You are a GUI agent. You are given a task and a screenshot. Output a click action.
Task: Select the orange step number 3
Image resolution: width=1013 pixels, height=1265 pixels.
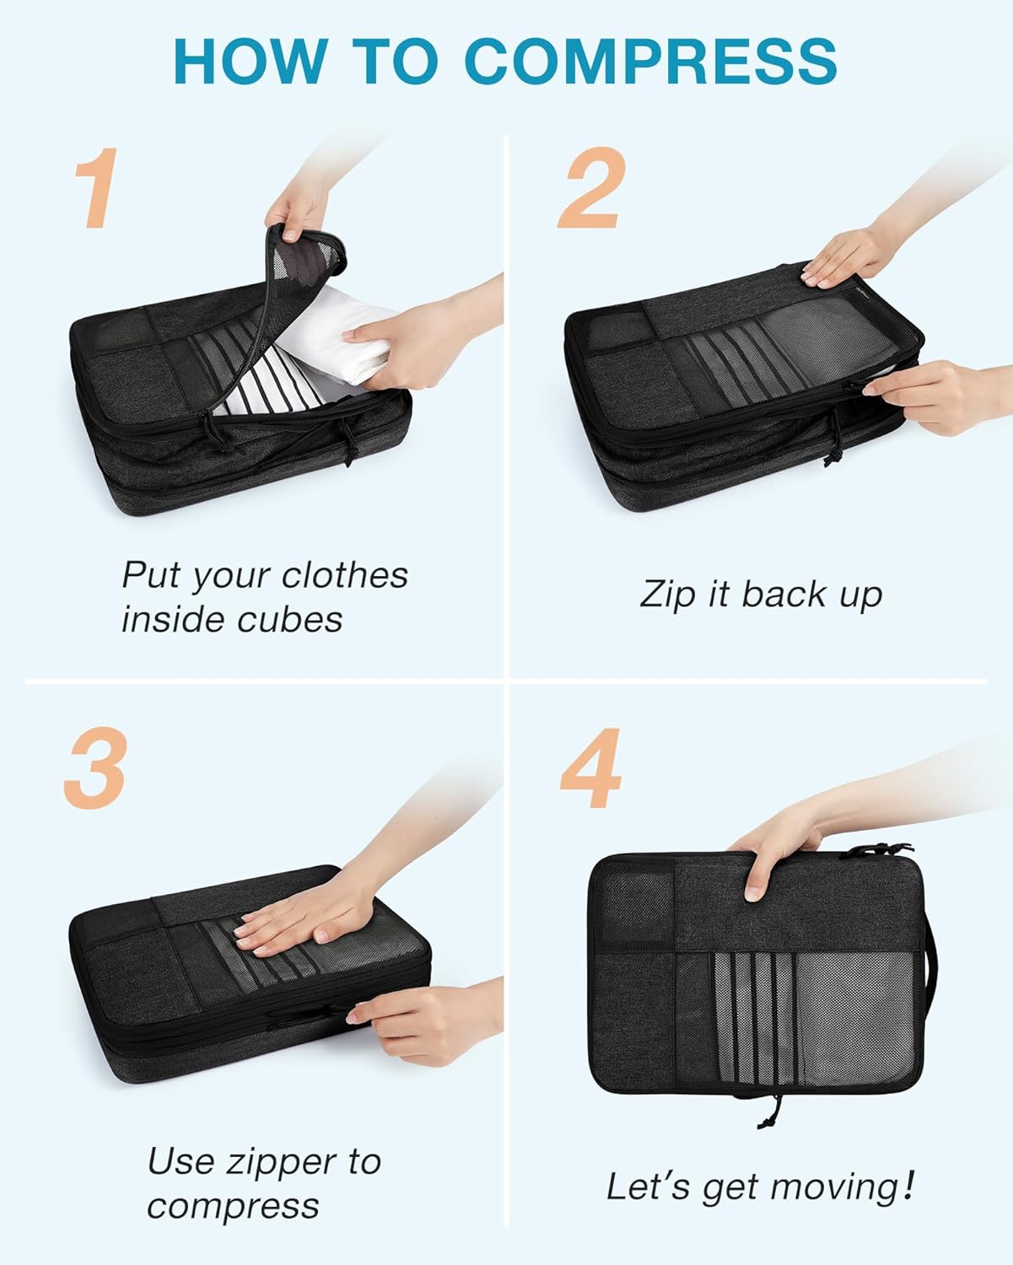pos(94,768)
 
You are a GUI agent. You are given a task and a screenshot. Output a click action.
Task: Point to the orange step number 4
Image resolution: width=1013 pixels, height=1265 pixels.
pos(591,768)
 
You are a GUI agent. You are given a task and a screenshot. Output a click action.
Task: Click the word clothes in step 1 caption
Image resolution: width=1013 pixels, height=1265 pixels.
pos(344,575)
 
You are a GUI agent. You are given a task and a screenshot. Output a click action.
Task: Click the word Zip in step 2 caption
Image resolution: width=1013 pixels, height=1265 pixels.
pos(667,595)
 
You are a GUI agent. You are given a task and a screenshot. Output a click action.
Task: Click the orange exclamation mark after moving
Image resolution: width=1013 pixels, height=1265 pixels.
pos(908,1185)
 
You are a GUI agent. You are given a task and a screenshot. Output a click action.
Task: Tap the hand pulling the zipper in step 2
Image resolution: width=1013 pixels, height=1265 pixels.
pos(928,396)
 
